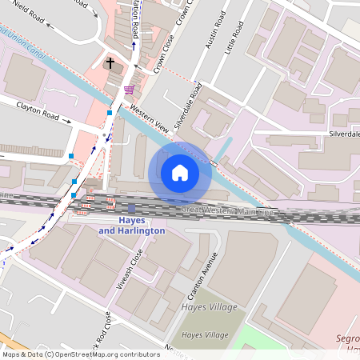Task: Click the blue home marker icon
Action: pyautogui.click(x=180, y=173)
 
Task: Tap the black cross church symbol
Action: pyautogui.click(x=110, y=62)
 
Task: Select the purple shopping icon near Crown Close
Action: pyautogui.click(x=129, y=90)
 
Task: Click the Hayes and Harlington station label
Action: pyautogui.click(x=131, y=225)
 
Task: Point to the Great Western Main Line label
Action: pyautogui.click(x=227, y=211)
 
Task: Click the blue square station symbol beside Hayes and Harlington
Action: pyautogui.click(x=131, y=208)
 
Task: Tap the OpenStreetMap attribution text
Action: pyautogui.click(x=80, y=354)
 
